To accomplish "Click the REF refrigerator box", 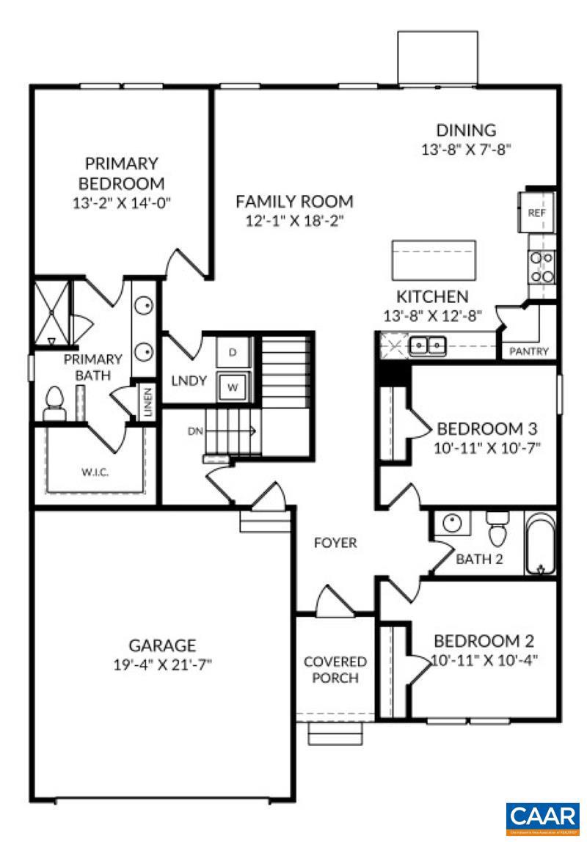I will click(536, 213).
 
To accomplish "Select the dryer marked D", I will click(233, 353).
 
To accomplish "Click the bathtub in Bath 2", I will click(542, 544).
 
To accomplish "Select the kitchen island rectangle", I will click(434, 260).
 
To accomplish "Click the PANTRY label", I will click(529, 351).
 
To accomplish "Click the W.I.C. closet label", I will click(95, 472).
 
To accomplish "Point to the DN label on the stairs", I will click(194, 431).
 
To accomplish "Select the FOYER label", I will click(335, 543).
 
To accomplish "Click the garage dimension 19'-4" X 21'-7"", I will click(162, 665).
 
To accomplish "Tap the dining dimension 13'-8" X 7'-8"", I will click(466, 149).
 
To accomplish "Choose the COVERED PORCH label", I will click(335, 670).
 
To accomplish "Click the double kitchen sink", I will click(428, 344).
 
